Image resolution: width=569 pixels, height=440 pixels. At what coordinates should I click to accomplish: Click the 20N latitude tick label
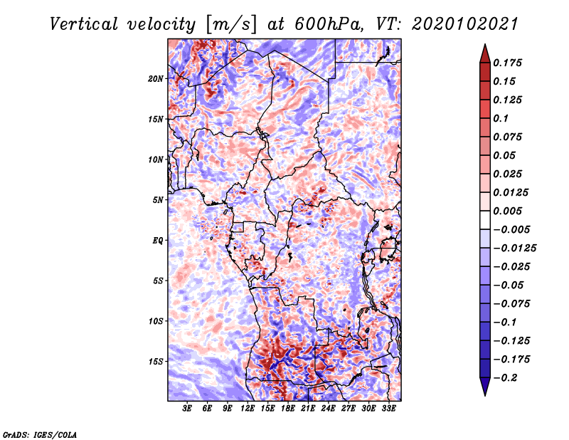(156, 79)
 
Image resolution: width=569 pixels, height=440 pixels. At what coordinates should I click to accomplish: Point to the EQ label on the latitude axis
(158, 241)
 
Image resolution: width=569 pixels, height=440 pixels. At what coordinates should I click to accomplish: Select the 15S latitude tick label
(156, 362)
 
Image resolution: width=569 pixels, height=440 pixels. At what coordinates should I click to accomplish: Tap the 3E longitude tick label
(187, 409)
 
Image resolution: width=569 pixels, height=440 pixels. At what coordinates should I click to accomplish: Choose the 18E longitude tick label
(288, 409)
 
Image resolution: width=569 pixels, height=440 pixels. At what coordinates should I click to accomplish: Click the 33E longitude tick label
(388, 409)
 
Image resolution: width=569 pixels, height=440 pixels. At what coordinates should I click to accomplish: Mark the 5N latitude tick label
(158, 200)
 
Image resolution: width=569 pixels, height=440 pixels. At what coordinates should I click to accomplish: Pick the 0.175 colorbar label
(507, 63)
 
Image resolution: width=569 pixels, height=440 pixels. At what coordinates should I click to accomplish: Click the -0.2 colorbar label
(505, 378)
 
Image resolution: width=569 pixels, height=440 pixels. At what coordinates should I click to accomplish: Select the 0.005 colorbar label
(507, 211)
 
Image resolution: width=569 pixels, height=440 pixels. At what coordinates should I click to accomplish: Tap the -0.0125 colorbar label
(514, 248)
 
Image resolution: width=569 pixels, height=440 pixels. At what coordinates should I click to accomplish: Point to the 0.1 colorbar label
(501, 118)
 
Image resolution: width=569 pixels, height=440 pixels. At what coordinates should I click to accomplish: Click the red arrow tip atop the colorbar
(485, 45)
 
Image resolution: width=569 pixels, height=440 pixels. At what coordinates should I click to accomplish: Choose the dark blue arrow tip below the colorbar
(485, 394)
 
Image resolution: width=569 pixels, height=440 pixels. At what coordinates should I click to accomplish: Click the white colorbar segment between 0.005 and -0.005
(485, 220)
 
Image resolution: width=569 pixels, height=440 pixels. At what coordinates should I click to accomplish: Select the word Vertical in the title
(84, 24)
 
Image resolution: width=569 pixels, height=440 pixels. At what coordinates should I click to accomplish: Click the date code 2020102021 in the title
(465, 24)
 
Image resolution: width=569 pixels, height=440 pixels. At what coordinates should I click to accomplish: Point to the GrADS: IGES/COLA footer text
(40, 435)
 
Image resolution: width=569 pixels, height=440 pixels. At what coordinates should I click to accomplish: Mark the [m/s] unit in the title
(230, 24)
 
